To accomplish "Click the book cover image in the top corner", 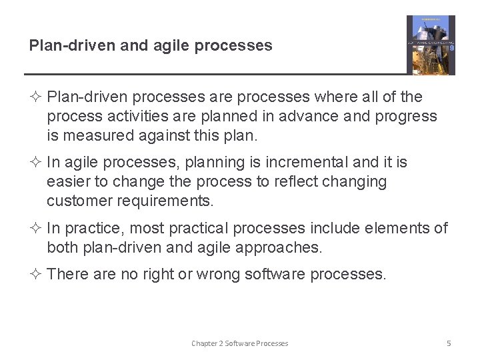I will click(x=431, y=45).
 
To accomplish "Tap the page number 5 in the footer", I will click(x=449, y=343).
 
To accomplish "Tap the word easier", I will click(x=69, y=181).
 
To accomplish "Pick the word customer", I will click(x=77, y=201).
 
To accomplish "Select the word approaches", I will click(x=279, y=247).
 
